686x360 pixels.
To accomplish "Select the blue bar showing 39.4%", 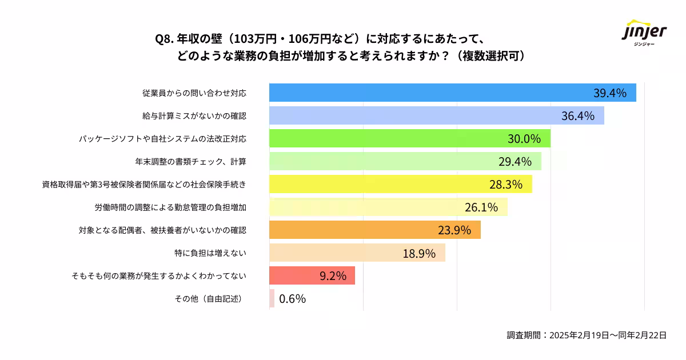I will [452, 93].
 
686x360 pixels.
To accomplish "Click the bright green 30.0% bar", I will [409, 139].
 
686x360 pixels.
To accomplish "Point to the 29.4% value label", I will [515, 162].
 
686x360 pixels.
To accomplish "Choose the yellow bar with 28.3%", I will [400, 184].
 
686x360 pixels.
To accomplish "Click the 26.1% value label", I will [481, 207].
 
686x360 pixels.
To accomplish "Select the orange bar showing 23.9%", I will [374, 230].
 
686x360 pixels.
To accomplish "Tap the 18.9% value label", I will [419, 253].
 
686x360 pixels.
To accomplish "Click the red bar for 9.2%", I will [312, 275].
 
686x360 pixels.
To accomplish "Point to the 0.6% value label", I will [292, 298].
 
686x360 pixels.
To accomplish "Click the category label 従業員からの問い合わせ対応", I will [194, 93].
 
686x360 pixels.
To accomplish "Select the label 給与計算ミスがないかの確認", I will [194, 116].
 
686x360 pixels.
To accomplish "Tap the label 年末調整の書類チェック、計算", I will [190, 162].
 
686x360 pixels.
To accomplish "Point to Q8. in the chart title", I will [165, 39].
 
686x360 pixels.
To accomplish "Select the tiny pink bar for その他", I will [272, 298].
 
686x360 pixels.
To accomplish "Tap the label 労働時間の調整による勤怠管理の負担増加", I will [170, 207].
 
